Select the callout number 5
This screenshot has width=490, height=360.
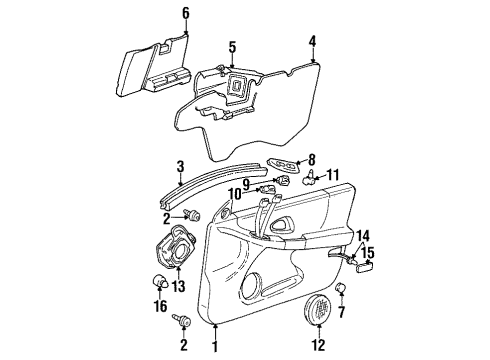tap(231, 46)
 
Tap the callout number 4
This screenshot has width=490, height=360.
tap(312, 42)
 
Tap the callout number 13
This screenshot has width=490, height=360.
tap(180, 287)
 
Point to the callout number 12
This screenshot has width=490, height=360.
tap(319, 346)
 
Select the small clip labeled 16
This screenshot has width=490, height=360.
tap(158, 281)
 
